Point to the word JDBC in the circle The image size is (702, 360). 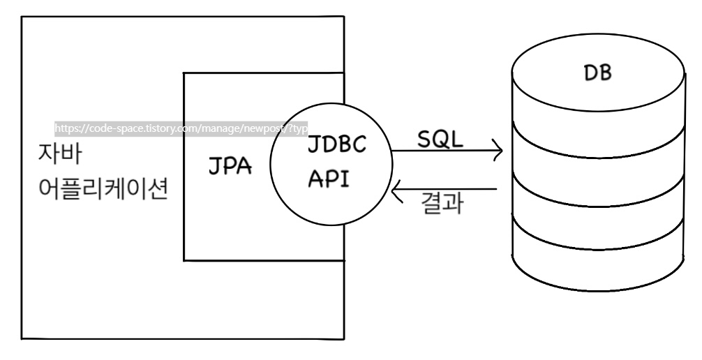[339, 148]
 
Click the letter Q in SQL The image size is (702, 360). [440, 138]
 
